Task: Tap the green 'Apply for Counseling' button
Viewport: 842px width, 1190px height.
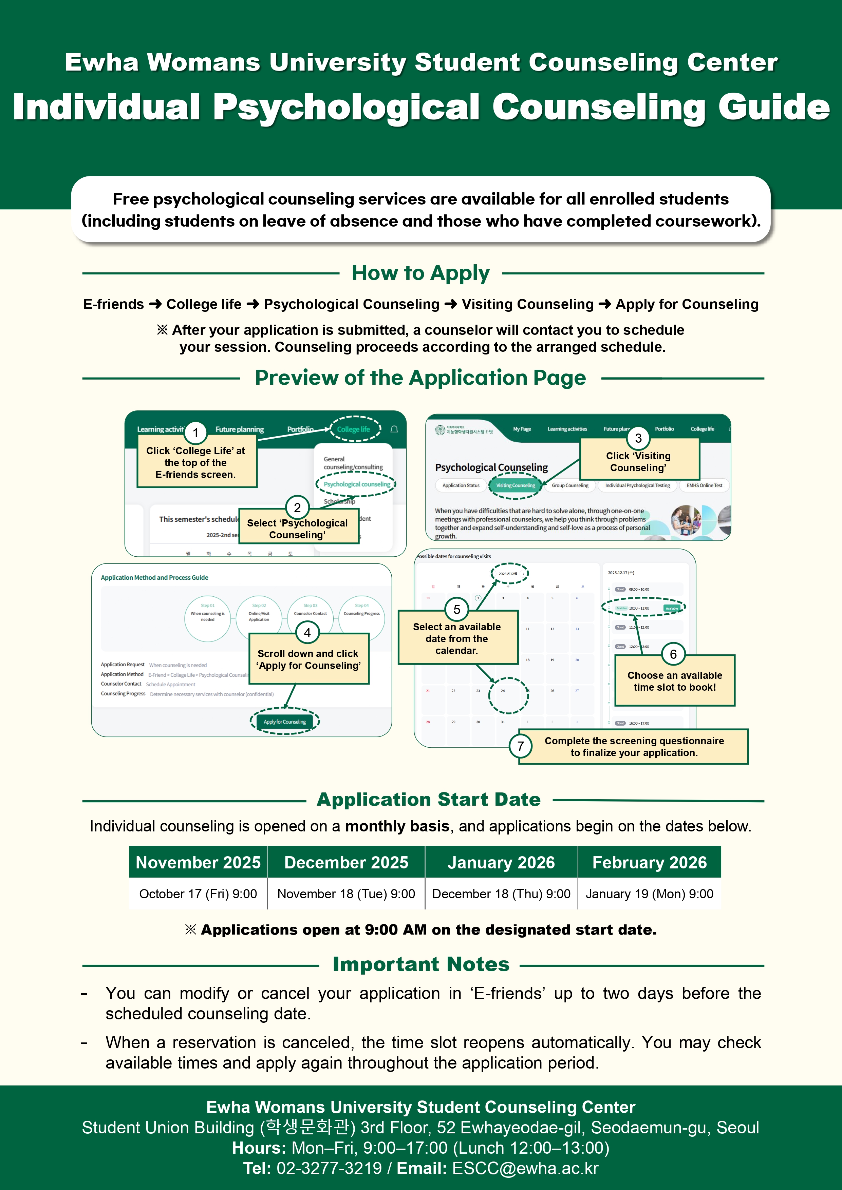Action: [x=285, y=722]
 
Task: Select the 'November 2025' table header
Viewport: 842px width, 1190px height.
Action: [x=198, y=862]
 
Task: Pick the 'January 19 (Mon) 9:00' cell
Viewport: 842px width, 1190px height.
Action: [x=649, y=894]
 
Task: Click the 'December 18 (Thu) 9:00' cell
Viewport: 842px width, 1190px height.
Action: [x=501, y=894]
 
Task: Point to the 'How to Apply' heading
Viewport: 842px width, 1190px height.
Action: [x=420, y=273]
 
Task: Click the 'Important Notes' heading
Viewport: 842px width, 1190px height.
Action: [x=421, y=964]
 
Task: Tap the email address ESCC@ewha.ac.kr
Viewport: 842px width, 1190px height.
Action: [x=525, y=1168]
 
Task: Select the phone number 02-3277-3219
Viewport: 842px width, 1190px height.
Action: [x=329, y=1168]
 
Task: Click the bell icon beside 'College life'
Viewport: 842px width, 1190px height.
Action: [x=394, y=429]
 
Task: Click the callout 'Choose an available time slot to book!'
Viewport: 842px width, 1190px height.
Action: [x=675, y=681]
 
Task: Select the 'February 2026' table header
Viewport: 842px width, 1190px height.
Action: [x=649, y=862]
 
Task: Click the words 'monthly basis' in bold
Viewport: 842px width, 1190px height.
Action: [x=397, y=826]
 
